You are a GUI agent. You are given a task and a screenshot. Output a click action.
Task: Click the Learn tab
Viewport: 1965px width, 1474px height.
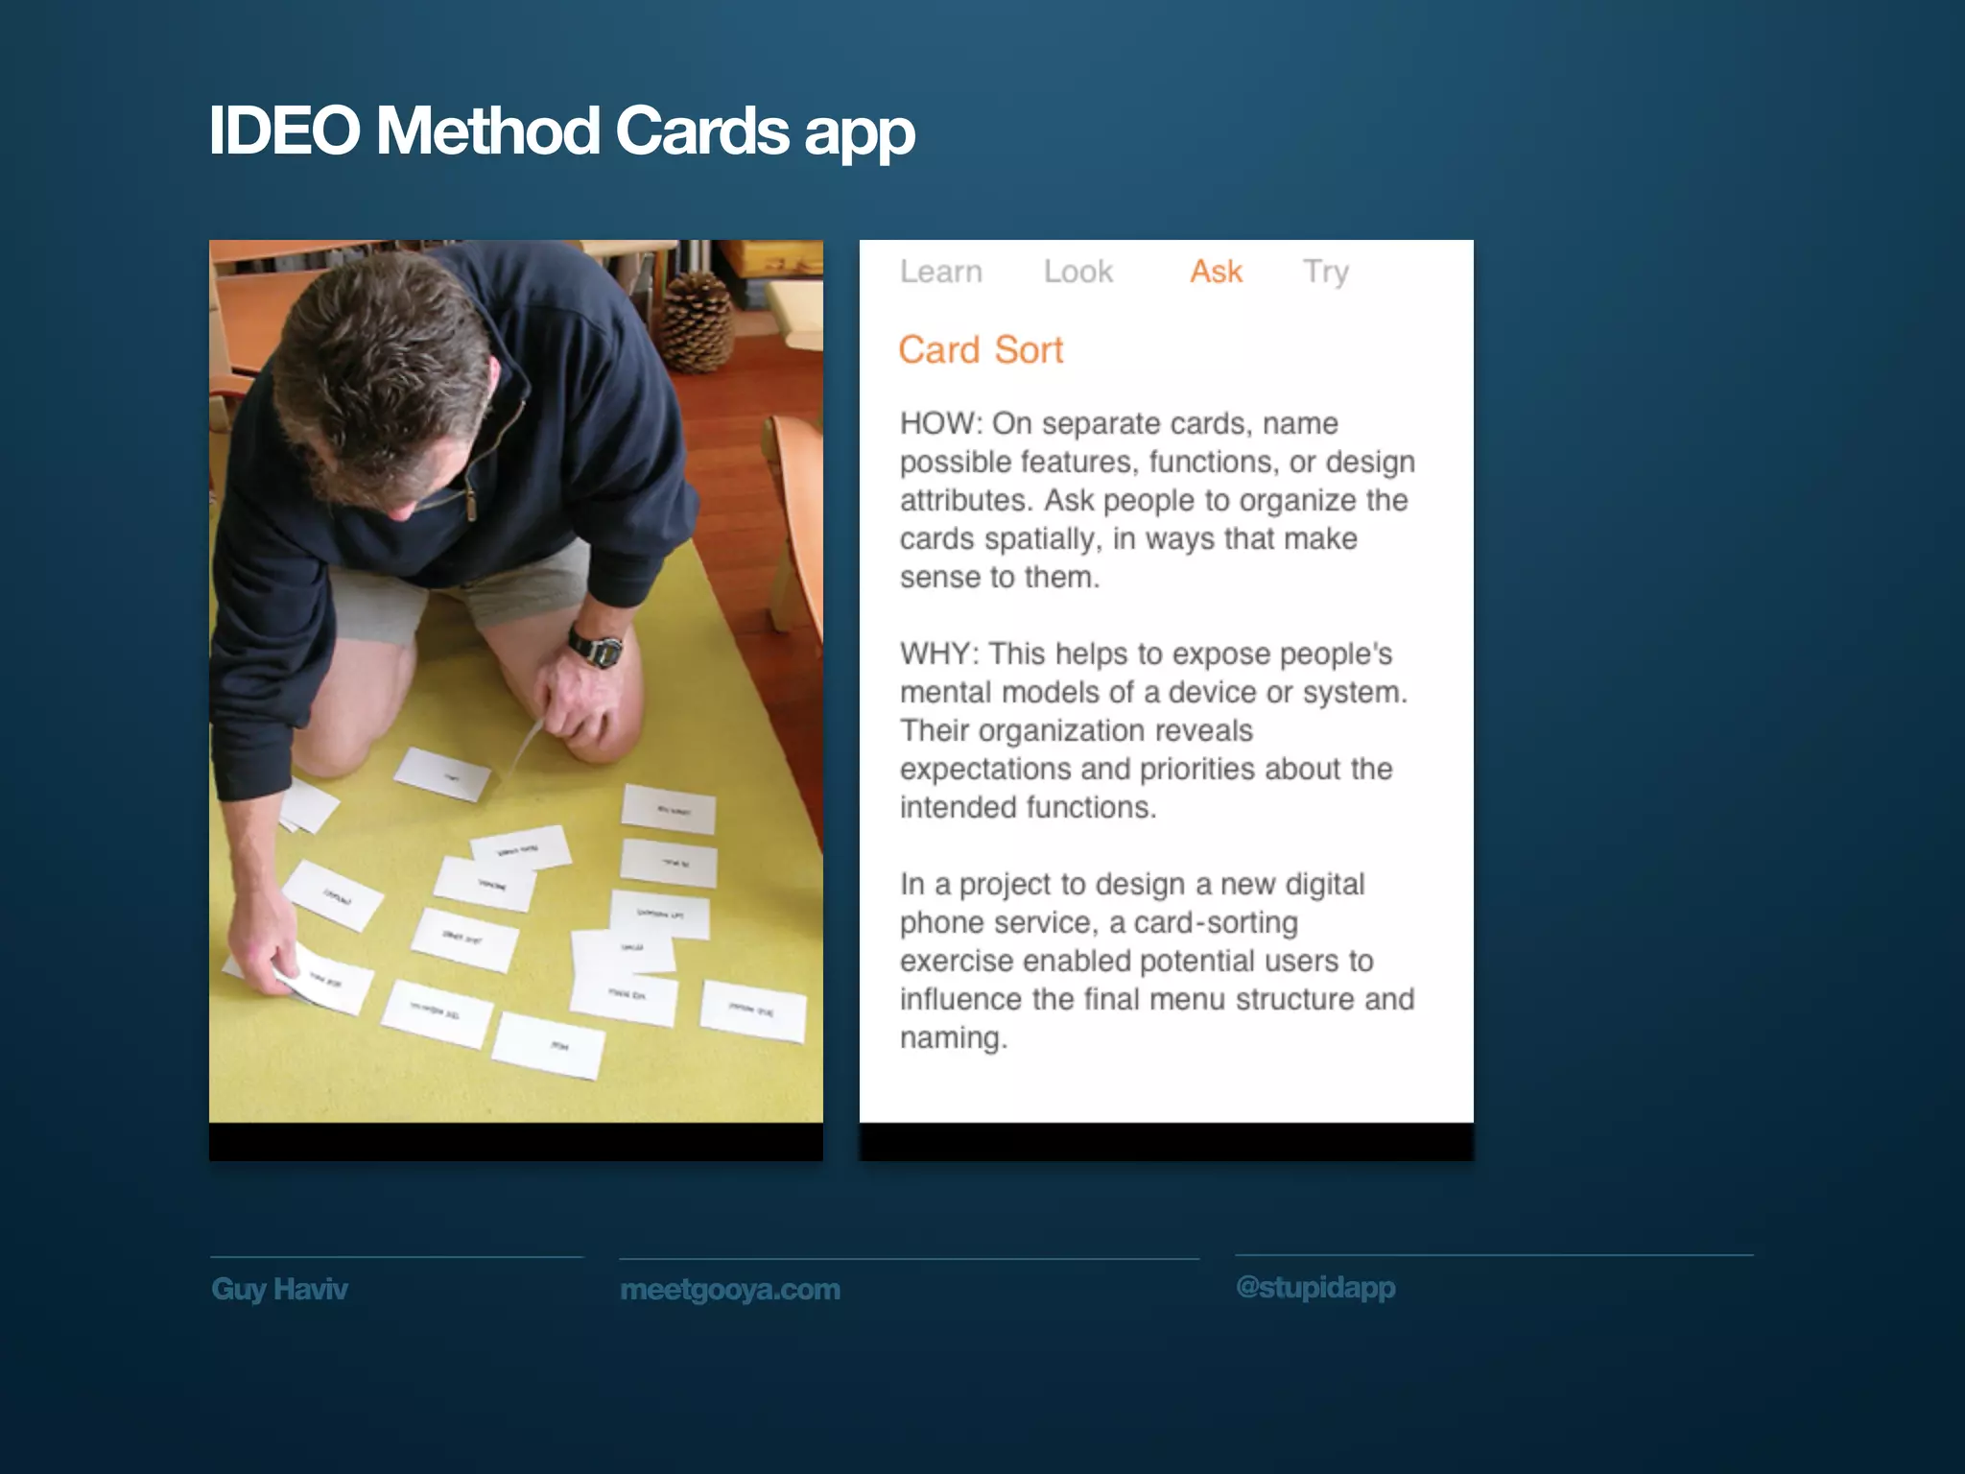click(940, 272)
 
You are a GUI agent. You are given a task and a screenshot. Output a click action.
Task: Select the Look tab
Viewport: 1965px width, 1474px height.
click(1077, 272)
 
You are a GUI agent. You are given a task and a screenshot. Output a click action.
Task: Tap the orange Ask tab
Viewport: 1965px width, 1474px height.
click(1216, 272)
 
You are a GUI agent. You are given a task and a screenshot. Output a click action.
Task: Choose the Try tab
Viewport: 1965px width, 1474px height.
click(1325, 272)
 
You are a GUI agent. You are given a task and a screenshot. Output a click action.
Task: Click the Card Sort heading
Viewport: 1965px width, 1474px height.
click(981, 350)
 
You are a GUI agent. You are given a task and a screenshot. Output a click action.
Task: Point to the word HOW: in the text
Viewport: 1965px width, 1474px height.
click(940, 423)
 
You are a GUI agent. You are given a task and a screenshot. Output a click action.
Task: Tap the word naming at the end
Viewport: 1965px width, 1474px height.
click(952, 1038)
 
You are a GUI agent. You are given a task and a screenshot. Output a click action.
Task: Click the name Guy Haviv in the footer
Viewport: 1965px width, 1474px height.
click(279, 1289)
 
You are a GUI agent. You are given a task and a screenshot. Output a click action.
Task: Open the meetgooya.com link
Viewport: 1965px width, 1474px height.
click(730, 1290)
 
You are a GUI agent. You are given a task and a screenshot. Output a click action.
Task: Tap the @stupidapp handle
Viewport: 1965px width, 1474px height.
click(1315, 1287)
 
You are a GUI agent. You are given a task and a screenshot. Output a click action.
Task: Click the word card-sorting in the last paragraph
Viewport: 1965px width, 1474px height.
click(1216, 923)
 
